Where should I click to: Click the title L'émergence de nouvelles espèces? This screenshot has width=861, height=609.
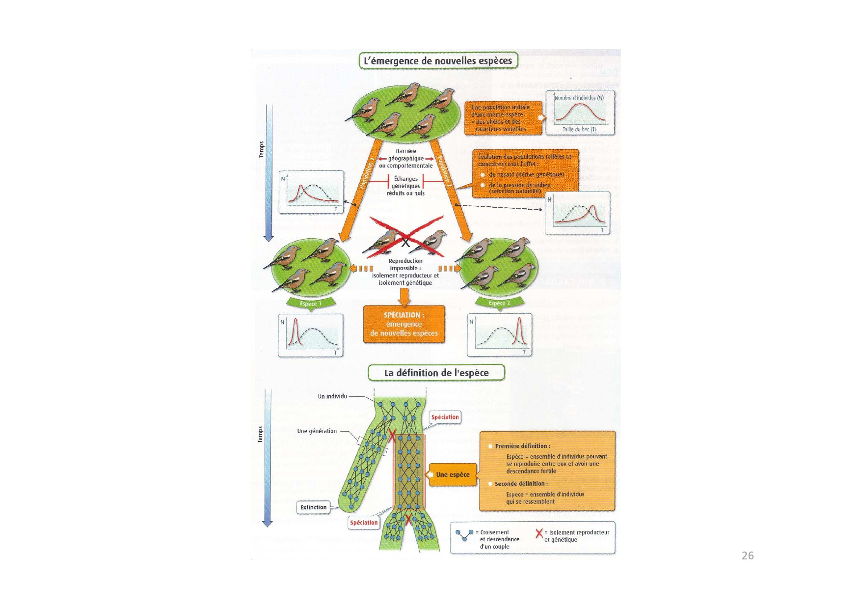(x=438, y=60)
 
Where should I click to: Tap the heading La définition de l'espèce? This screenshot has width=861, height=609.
(x=436, y=373)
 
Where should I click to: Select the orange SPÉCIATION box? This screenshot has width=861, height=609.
(x=404, y=324)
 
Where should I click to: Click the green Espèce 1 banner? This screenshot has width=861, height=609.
(x=310, y=304)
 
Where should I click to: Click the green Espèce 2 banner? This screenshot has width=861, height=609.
(x=499, y=303)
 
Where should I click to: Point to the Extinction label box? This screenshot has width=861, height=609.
(x=313, y=507)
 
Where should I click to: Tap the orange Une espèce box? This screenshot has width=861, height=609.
(x=453, y=474)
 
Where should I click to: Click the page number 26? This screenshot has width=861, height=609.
(x=748, y=555)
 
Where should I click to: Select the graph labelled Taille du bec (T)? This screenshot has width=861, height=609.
(x=580, y=113)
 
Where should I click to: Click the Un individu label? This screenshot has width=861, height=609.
(x=332, y=396)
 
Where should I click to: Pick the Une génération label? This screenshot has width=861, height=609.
(x=317, y=431)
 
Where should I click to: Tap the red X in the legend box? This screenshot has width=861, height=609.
(x=539, y=533)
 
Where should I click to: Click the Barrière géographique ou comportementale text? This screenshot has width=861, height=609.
(x=406, y=158)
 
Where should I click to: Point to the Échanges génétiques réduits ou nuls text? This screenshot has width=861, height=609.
(x=406, y=186)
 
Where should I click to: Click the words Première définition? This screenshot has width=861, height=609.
(x=522, y=446)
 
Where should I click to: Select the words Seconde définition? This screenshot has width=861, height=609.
(x=521, y=484)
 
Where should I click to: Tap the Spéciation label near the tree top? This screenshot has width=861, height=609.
(x=445, y=417)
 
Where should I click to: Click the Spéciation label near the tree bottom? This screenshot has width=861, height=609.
(x=364, y=523)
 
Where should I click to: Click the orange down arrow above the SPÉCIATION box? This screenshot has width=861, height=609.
(x=404, y=296)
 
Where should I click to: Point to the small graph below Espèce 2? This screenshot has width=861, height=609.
(x=499, y=335)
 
